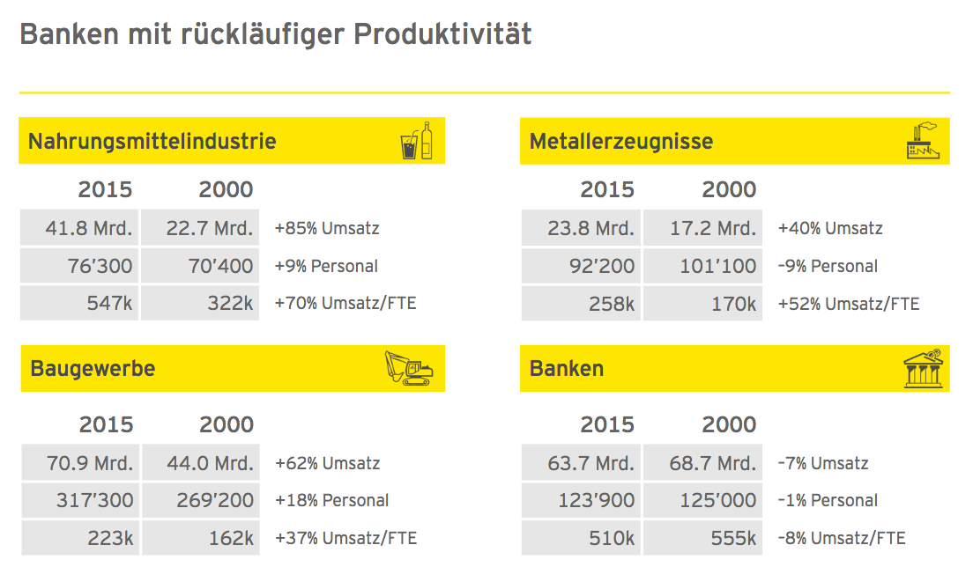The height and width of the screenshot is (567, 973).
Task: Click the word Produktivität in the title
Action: coord(442,34)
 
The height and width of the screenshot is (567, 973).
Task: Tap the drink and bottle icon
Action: coord(416,141)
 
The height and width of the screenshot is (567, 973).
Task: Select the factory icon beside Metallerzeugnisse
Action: coord(923,141)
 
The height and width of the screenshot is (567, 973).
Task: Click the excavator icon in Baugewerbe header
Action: coord(409,368)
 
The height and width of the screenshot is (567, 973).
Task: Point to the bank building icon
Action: coord(924,369)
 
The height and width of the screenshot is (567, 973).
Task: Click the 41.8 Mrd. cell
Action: coord(80,228)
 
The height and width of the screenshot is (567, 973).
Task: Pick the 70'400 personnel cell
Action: coord(200,266)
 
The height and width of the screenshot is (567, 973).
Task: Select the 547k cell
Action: coord(80,303)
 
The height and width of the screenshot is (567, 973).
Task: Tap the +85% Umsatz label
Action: coord(327,228)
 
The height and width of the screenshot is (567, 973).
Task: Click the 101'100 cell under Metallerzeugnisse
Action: coord(702,266)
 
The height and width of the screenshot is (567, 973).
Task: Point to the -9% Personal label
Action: coord(828,266)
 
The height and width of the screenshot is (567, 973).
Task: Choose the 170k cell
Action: coord(702,304)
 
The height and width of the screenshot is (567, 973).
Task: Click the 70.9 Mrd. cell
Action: coord(81,463)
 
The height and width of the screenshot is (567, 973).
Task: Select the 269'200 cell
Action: coord(200,500)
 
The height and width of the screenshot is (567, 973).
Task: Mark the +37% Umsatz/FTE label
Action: coord(346,538)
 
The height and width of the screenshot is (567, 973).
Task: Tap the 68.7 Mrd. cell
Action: coord(702,463)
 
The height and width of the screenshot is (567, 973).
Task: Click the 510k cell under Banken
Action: coord(582,538)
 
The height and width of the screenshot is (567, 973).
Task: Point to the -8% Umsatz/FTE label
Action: coord(842,538)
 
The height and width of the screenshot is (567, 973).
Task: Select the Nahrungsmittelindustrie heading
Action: coord(152,141)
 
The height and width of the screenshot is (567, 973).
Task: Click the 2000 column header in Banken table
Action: coord(729,424)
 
